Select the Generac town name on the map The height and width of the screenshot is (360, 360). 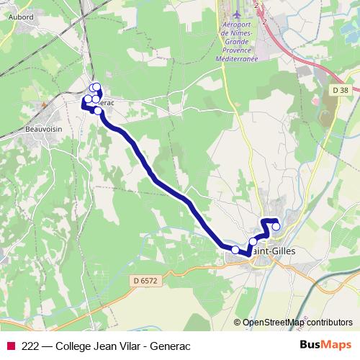click(x=105, y=103)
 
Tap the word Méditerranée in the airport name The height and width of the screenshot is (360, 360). click(x=239, y=60)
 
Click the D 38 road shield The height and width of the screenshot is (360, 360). click(x=341, y=90)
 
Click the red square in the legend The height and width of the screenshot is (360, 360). click(x=10, y=346)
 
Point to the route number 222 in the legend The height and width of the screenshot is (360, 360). click(x=32, y=346)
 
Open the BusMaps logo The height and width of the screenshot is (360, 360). click(x=325, y=345)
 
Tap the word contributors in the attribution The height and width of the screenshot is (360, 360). click(x=329, y=323)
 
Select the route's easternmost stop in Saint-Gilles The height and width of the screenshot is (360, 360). click(x=276, y=227)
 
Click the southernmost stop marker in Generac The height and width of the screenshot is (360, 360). click(x=98, y=110)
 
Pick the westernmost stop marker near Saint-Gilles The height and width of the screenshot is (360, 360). click(x=235, y=249)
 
